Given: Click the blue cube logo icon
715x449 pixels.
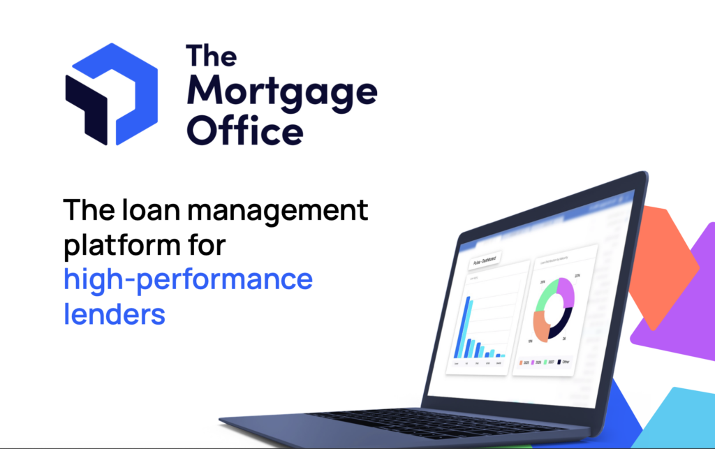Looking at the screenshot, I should pyautogui.click(x=111, y=94).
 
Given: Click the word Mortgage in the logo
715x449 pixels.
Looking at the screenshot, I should pyautogui.click(x=282, y=93).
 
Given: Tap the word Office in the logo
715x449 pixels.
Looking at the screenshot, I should pyautogui.click(x=245, y=130).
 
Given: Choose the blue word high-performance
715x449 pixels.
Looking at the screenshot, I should pyautogui.click(x=188, y=280).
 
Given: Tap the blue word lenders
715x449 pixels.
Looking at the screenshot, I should pyautogui.click(x=115, y=314).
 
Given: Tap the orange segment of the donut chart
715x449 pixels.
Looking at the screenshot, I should pyautogui.click(x=541, y=325).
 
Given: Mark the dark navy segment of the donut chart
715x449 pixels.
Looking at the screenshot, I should pyautogui.click(x=562, y=323).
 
